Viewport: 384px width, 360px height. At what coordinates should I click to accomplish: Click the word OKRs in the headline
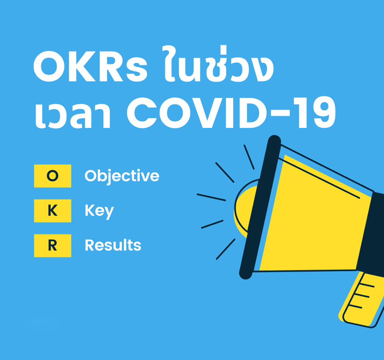tap(90, 67)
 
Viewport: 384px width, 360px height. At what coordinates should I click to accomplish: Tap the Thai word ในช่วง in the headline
tap(218, 64)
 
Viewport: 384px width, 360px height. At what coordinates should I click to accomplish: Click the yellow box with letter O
tap(53, 176)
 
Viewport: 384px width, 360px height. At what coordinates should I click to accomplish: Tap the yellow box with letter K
tap(53, 211)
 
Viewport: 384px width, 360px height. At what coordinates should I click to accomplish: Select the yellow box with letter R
tap(53, 245)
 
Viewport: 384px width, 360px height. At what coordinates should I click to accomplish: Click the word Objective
tap(122, 176)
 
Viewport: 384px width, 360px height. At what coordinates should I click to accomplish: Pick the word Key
tap(100, 211)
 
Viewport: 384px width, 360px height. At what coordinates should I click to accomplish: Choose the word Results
tap(113, 245)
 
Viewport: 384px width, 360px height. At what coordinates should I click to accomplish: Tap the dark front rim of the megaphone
tap(260, 207)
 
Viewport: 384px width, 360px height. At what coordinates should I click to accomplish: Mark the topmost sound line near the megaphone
tap(249, 157)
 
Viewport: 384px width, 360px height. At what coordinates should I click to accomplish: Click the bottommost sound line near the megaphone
tap(226, 249)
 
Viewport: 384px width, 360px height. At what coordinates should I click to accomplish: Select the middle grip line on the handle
tap(362, 295)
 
